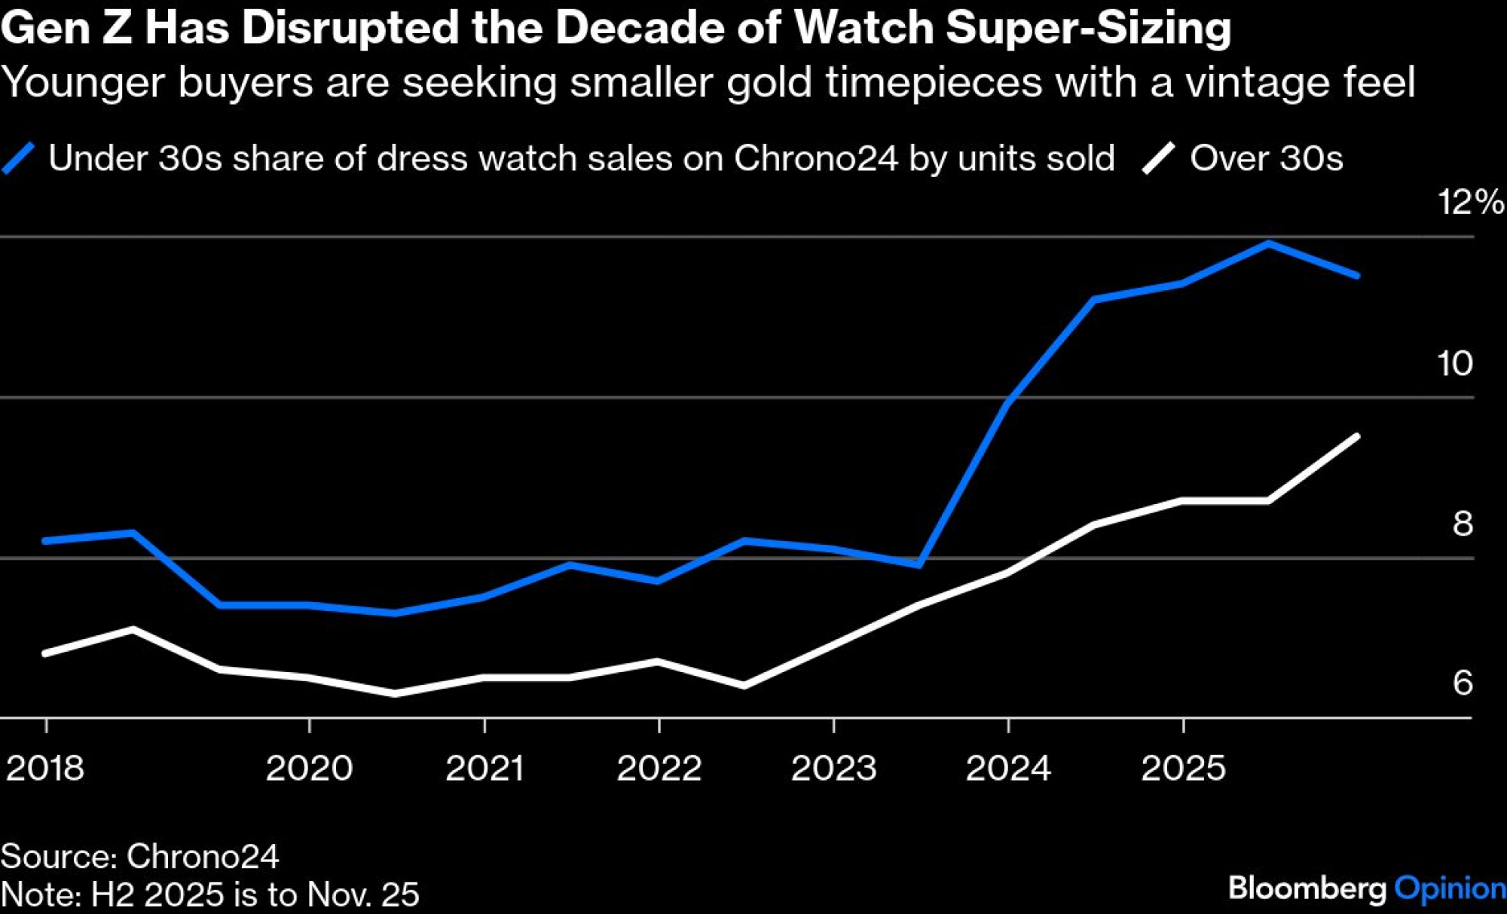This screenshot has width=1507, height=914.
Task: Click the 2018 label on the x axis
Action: point(45,769)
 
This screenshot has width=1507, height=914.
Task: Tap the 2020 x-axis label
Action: point(309,769)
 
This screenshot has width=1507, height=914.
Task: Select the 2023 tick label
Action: point(833,769)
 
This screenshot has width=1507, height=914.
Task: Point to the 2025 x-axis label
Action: point(1183,769)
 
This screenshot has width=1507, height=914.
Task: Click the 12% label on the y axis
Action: point(1469,202)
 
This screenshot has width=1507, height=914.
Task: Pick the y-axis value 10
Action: point(1454,363)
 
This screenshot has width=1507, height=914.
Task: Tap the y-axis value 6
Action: point(1463,683)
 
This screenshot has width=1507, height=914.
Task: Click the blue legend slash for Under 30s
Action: point(19,158)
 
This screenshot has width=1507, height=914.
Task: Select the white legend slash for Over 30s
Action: point(1158,158)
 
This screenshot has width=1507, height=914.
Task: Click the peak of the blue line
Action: point(1269,243)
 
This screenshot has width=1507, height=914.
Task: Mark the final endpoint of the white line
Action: point(1357,436)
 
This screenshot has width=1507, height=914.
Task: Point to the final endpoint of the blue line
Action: point(1357,276)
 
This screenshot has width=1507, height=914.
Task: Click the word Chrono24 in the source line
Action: point(203,856)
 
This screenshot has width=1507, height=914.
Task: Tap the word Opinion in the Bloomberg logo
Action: point(1450,888)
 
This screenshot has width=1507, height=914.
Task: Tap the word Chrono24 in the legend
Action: point(816,158)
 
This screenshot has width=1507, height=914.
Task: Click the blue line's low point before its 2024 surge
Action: point(919,564)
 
